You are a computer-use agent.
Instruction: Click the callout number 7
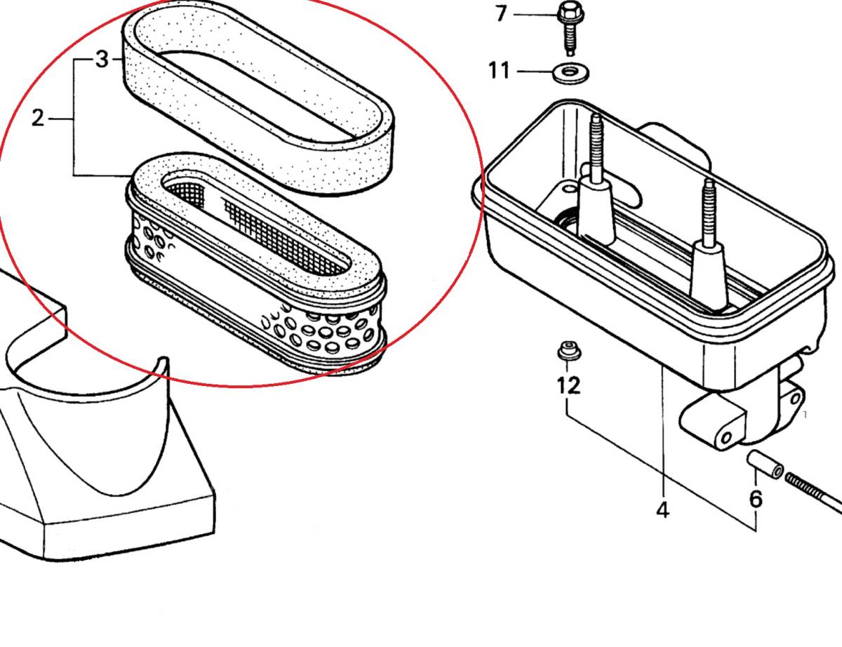coord(500,13)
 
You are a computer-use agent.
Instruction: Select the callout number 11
coord(499,71)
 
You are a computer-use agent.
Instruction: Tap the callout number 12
coord(569,385)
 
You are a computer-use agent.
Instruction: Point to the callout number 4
coord(662,510)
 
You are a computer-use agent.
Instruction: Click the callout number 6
coord(755,499)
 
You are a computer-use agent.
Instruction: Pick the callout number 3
coord(102,60)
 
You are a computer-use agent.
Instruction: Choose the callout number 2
coord(38,119)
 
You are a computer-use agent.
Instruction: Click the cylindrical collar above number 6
coord(763,465)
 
